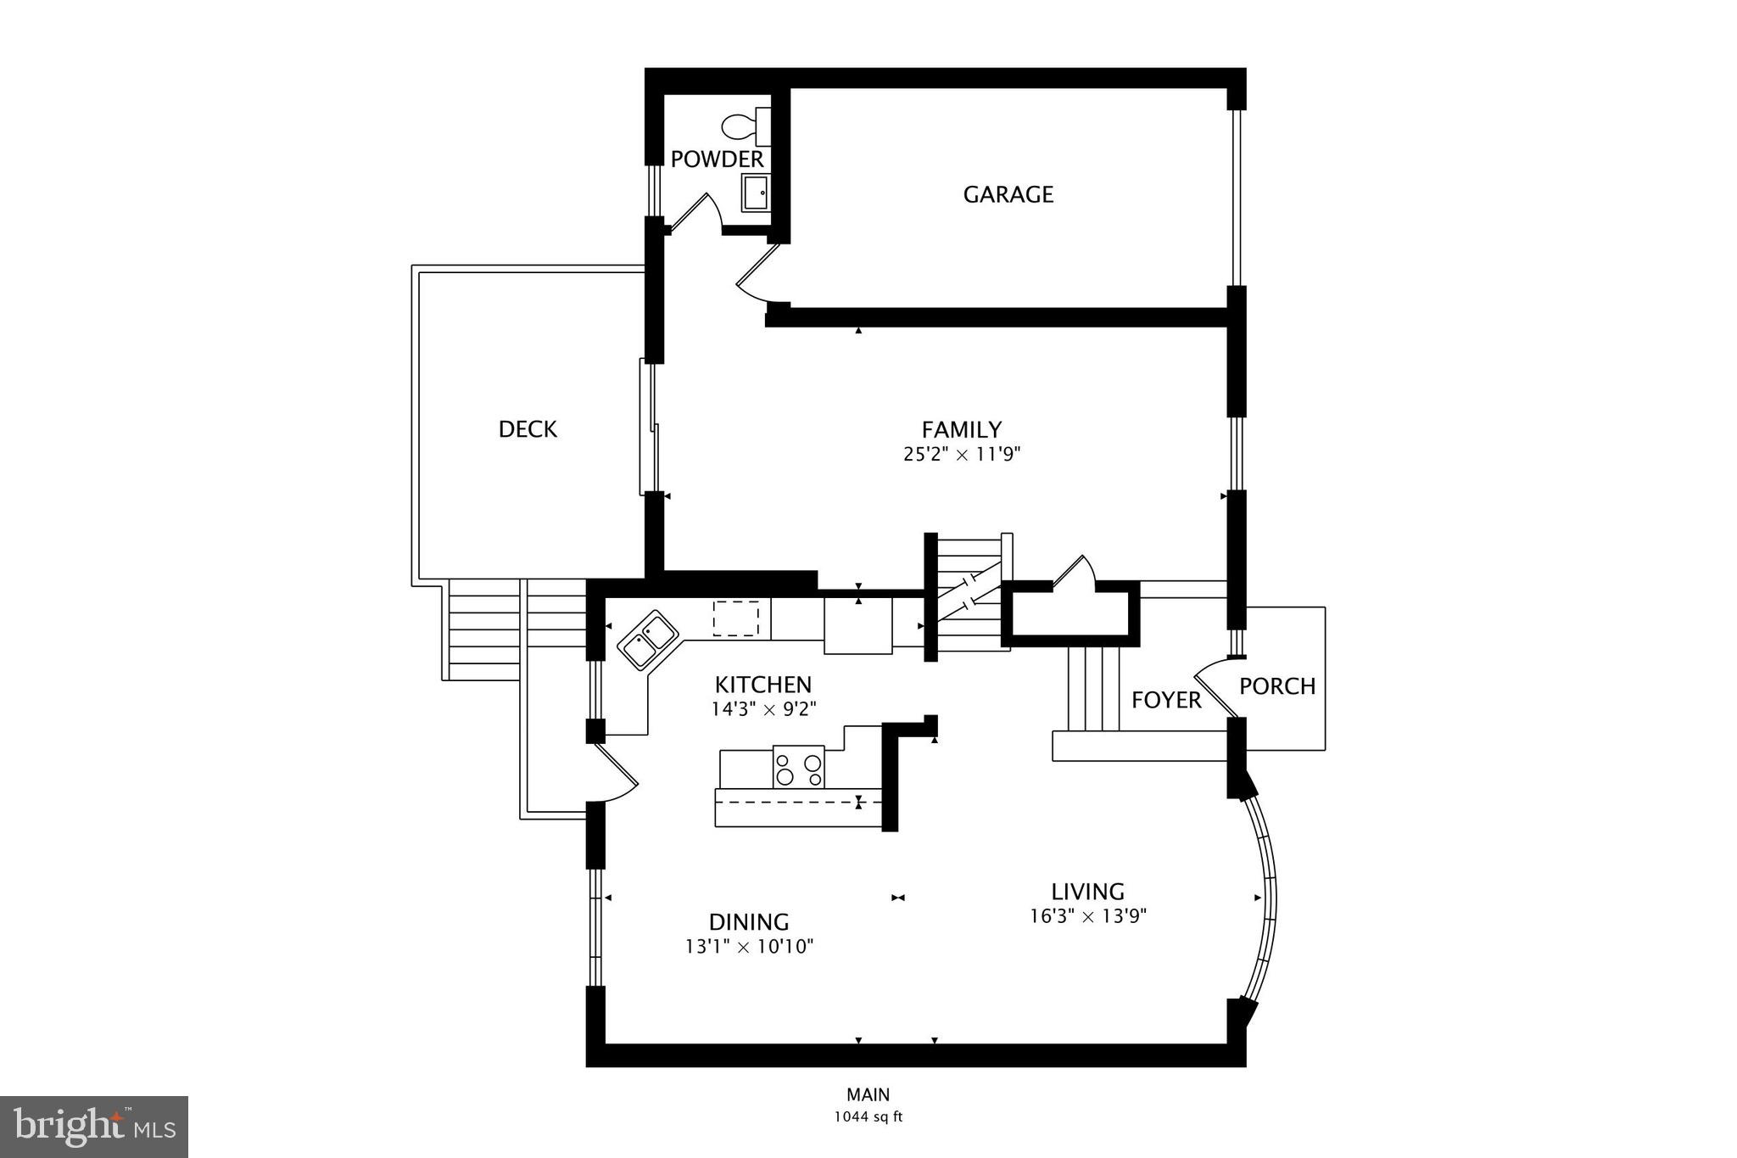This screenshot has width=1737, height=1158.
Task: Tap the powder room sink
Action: [x=755, y=193]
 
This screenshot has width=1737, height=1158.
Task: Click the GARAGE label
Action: [x=1008, y=194]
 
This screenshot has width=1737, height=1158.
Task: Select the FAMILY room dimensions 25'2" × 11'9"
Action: [x=961, y=455]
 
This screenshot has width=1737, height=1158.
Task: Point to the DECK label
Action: [x=528, y=429]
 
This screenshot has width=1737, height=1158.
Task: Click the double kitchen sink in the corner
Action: [x=648, y=640]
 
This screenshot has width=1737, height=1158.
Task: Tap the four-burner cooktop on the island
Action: [x=798, y=767]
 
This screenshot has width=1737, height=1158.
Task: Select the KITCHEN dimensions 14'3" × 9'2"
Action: [x=762, y=709]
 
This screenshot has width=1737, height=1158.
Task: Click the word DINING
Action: [x=749, y=921]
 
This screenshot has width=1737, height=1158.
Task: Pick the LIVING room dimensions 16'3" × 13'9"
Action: [x=1088, y=916]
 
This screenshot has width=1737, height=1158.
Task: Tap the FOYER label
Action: [x=1166, y=700]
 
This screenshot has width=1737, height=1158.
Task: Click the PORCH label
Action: [x=1276, y=685]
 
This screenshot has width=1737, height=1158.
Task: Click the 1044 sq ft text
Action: [x=868, y=1116]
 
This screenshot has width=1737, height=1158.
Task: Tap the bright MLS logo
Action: [x=94, y=1126]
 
